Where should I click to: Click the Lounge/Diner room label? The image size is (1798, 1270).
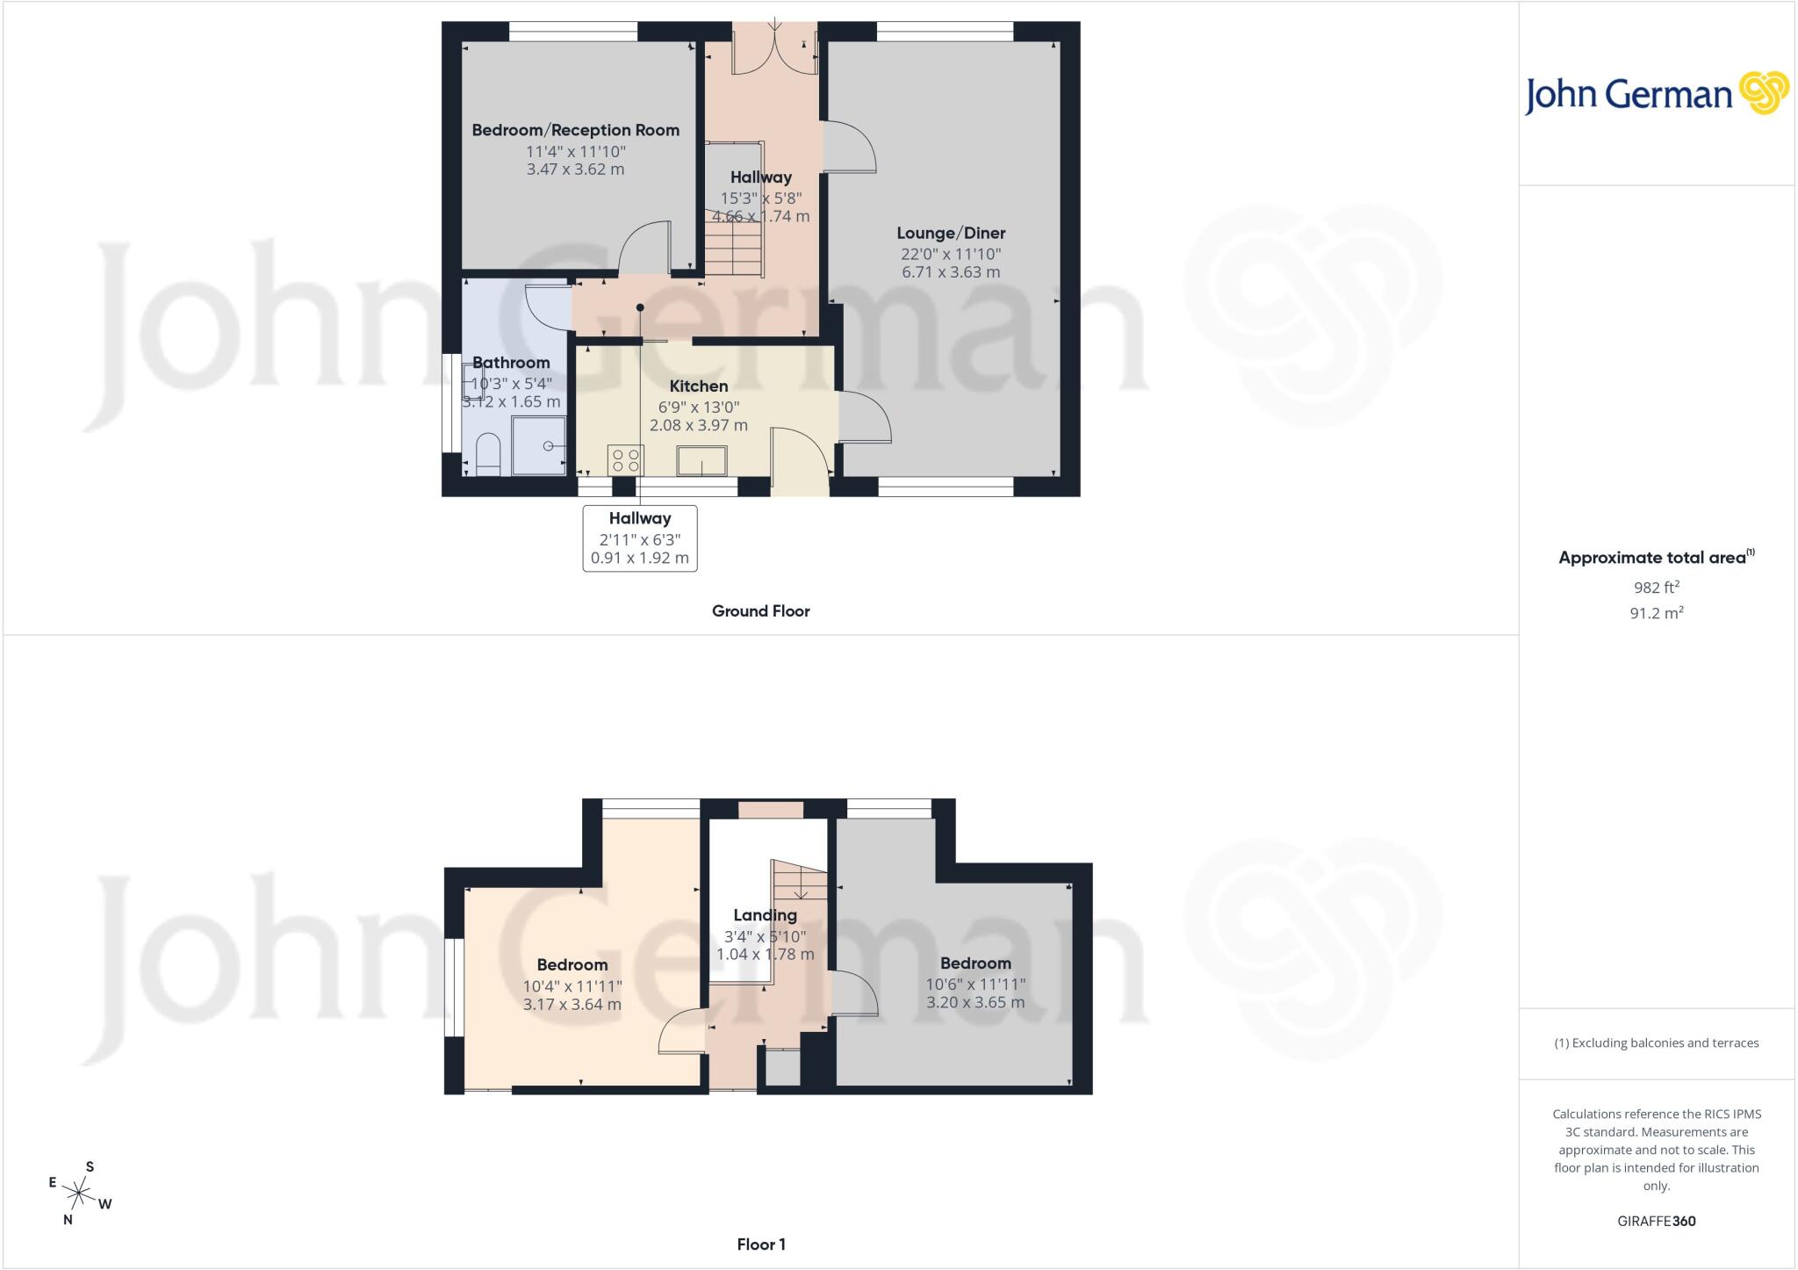point(951,233)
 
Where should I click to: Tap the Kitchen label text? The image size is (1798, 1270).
point(699,386)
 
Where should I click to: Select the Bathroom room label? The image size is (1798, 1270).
point(511,362)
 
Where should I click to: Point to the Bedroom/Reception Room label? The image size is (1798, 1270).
point(576,130)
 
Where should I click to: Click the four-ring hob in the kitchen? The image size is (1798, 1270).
point(625,460)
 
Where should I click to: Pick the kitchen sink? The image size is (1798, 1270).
point(702,461)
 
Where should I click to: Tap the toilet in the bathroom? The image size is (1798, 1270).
point(487,457)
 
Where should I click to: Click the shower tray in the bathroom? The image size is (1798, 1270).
point(539,445)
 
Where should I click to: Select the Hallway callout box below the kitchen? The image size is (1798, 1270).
point(640,538)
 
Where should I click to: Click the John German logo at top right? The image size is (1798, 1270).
point(1657,94)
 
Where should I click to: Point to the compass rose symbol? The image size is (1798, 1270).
point(80,1193)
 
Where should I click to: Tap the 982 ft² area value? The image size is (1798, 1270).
point(1657,588)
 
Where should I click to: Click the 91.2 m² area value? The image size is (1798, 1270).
point(1657,613)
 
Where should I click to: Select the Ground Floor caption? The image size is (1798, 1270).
point(760,610)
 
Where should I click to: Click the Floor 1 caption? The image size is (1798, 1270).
point(761,1244)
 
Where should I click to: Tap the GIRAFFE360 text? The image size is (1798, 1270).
point(1656,1221)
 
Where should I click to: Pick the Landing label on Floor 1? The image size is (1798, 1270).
point(766,915)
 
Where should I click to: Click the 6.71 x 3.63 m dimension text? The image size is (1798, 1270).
point(951,272)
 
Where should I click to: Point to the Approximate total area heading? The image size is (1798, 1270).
point(1657,557)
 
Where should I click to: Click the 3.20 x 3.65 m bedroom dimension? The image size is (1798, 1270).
point(975,1002)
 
